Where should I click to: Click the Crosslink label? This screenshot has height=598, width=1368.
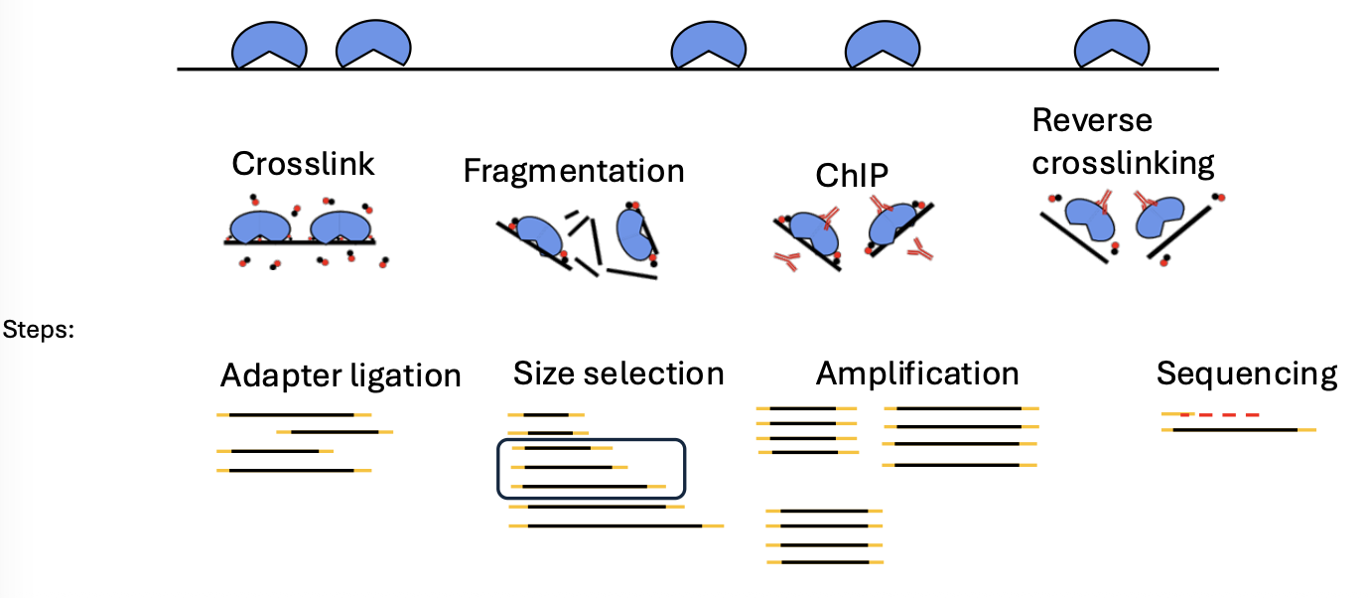click(303, 163)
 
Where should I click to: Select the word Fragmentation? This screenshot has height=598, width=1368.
click(573, 171)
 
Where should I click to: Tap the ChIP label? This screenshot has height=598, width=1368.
click(851, 175)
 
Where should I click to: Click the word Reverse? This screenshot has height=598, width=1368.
click(1092, 120)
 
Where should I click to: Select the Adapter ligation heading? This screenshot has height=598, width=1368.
click(341, 375)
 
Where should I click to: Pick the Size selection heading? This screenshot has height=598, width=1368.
click(617, 374)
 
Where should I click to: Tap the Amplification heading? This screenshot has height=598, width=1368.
click(916, 374)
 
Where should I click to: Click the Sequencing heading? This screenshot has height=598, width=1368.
click(1246, 374)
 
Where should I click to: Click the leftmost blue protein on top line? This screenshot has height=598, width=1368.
click(269, 45)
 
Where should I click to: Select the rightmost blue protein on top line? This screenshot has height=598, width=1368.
click(1112, 45)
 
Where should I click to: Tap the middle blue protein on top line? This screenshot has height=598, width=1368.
click(708, 45)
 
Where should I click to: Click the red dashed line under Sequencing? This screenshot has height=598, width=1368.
click(1219, 414)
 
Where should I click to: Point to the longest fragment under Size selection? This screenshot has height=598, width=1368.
click(616, 525)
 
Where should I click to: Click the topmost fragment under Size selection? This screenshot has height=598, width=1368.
click(545, 414)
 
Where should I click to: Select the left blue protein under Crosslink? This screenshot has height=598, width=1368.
click(257, 226)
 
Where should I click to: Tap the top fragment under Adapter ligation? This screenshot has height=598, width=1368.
click(293, 414)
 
